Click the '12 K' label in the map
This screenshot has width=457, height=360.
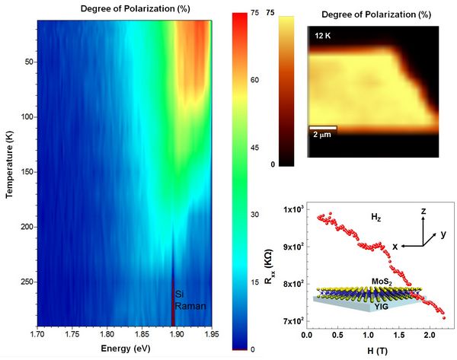click(x=321, y=35)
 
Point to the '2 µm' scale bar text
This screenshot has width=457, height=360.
click(x=321, y=135)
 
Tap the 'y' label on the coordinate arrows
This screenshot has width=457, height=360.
click(x=443, y=234)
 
